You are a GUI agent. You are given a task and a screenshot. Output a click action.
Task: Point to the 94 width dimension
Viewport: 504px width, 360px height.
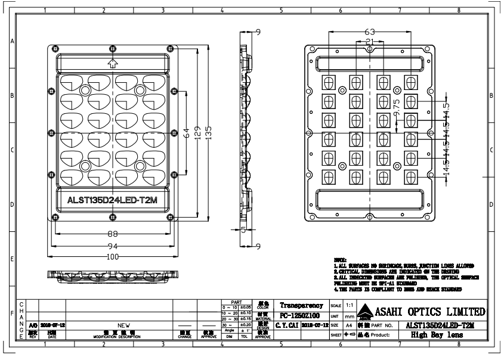coord(112,246)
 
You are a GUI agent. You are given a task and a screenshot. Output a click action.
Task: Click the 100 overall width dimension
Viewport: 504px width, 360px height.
coord(112,257)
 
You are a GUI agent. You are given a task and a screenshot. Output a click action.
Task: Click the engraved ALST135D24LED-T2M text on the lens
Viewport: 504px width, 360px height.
coord(113,200)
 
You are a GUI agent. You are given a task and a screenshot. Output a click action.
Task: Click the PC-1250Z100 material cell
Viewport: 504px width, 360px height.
coord(299,315)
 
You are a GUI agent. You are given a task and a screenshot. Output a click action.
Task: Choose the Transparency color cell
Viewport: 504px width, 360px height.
coord(301,305)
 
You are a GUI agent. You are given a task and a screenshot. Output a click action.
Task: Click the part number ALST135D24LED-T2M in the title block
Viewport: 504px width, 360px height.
coord(440,325)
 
